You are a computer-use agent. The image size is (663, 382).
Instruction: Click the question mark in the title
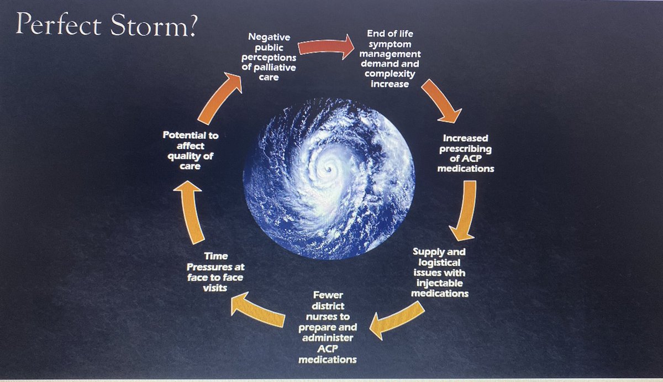[190, 25]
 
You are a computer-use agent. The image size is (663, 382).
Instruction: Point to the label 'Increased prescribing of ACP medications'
[465, 152]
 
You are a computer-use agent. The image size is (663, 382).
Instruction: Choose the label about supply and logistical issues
[440, 272]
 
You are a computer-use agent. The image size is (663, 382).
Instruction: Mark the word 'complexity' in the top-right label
[394, 74]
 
